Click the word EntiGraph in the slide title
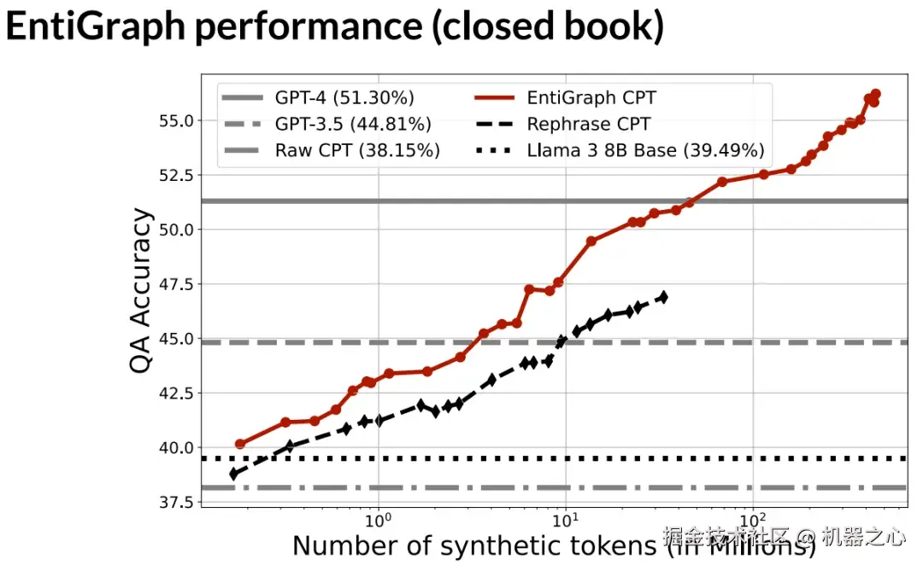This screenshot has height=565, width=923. click(95, 28)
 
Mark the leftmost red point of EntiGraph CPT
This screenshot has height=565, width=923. click(240, 444)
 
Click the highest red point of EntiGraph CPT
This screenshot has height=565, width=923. click(875, 94)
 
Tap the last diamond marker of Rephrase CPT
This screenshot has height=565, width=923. click(662, 297)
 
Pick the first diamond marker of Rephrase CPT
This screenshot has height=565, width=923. click(234, 474)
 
